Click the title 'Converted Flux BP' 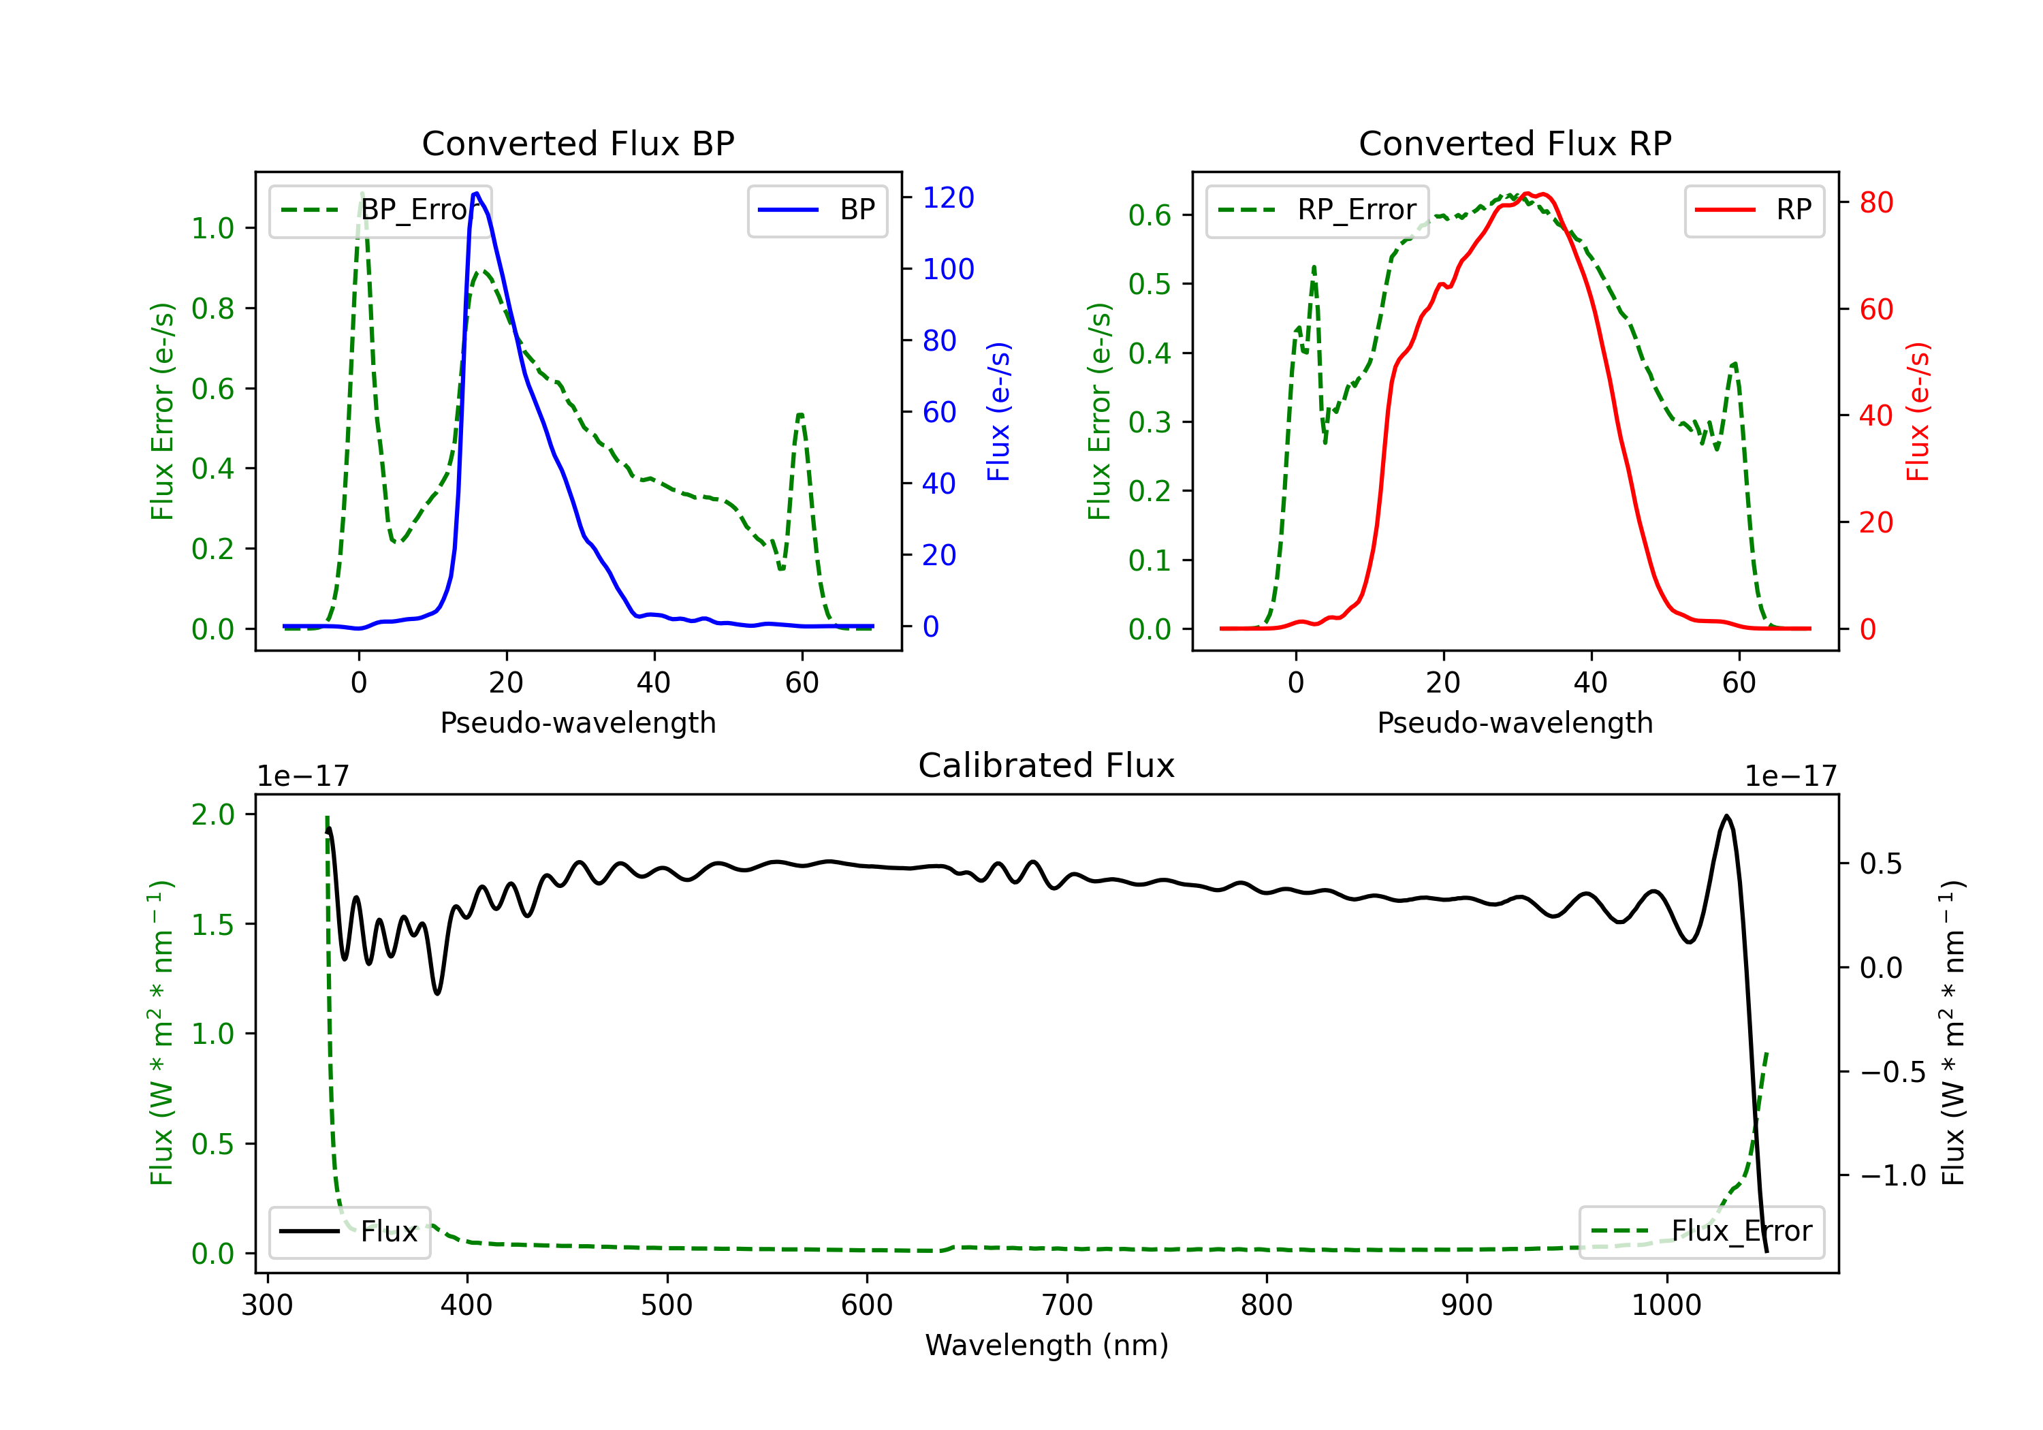coord(577,143)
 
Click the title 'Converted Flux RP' coord(1515,143)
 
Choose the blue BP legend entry coord(817,210)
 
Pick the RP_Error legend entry coord(1317,210)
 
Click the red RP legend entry coord(1754,210)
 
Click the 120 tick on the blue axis coord(948,197)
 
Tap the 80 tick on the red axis coord(1875,203)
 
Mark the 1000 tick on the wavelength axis coord(1666,1305)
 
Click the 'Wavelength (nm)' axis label coord(1047,1345)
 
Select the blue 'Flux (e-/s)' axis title coord(998,411)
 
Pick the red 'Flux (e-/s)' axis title coord(1918,411)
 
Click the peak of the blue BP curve coord(477,193)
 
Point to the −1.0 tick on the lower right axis coord(1892,1175)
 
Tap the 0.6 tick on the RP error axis coord(1150,214)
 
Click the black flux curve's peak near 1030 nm coord(1726,816)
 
